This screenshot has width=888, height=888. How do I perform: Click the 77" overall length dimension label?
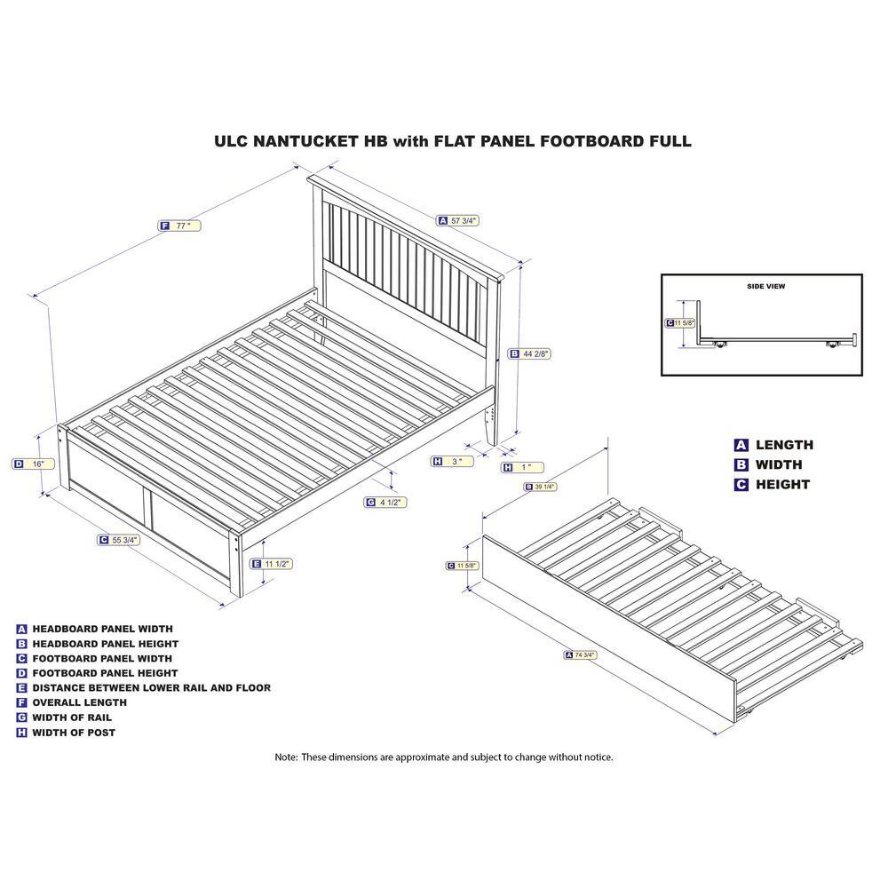point(179,226)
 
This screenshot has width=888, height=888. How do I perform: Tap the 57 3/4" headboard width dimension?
point(458,221)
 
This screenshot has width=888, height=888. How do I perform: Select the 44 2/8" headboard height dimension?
point(529,354)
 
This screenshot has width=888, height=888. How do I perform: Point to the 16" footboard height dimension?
point(34,464)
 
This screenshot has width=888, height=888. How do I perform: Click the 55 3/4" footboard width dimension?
point(119,540)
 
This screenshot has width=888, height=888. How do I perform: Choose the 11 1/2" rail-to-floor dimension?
point(272,564)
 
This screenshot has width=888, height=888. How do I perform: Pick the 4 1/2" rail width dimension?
point(385,503)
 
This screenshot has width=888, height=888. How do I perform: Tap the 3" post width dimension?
point(453,462)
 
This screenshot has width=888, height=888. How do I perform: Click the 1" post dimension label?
point(523,468)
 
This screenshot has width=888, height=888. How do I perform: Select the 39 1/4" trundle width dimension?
point(541,487)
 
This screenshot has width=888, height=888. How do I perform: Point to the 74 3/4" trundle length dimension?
point(581,655)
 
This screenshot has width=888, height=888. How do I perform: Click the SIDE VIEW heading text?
point(765,287)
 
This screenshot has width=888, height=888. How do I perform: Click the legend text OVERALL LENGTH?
point(79,702)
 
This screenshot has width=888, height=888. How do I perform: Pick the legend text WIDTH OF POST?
point(74,733)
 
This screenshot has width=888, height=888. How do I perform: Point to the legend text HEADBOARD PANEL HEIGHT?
point(106,644)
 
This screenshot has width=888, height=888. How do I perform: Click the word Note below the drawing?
point(286,757)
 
